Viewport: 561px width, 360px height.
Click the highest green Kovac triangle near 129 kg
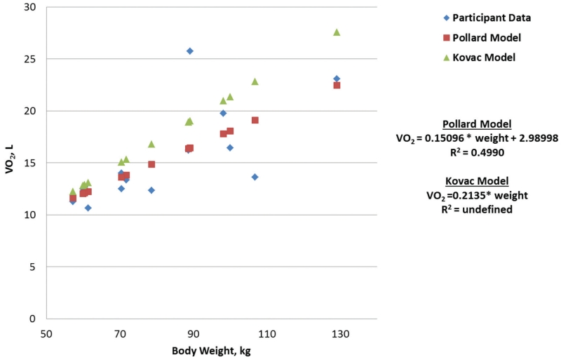pos(337,32)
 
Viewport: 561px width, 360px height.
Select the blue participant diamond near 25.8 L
pos(190,51)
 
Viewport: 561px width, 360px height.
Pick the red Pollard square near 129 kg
pos(337,85)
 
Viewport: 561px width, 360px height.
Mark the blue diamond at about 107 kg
pos(255,177)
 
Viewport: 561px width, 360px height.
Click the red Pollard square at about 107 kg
pos(255,120)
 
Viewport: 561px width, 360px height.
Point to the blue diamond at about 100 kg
pos(230,147)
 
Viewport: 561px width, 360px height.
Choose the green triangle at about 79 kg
pos(151,144)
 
